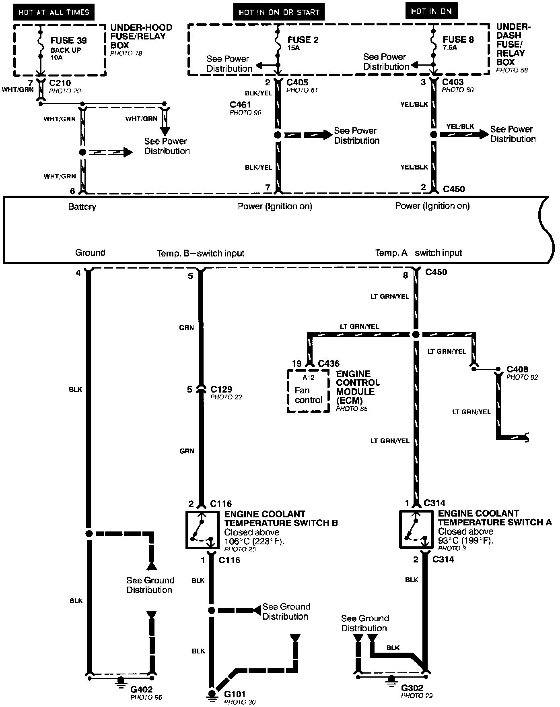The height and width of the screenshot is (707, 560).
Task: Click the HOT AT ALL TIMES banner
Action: coord(54,12)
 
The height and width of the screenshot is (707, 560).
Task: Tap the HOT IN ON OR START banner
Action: coord(279,12)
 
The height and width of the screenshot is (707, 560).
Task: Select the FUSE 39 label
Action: coord(68,41)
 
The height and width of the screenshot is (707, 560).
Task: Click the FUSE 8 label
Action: coord(458,39)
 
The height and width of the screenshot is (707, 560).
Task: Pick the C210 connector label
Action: coord(60,83)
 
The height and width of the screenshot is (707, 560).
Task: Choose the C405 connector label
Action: coord(297,82)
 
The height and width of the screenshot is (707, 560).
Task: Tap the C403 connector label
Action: coord(453,82)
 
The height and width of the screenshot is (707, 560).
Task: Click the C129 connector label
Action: coord(221,389)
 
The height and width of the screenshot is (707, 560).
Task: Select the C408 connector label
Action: coord(517,369)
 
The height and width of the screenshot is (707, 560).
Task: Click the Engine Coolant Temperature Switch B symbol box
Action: coord(202,529)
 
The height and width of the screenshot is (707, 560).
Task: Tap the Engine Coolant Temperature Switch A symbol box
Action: coord(416,529)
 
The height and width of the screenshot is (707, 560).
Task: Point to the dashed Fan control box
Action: coord(309,391)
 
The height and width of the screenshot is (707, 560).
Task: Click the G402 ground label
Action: coord(142,690)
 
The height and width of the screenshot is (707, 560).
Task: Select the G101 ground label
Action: coord(235,694)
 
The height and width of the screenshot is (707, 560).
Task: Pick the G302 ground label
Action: coord(412,688)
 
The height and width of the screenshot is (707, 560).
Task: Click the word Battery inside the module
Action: coord(82,207)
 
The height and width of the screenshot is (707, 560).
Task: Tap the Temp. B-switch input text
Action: coord(200,253)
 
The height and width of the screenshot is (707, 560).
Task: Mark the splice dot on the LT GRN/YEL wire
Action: coord(416,334)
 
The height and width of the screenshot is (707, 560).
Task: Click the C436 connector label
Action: coord(329,364)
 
